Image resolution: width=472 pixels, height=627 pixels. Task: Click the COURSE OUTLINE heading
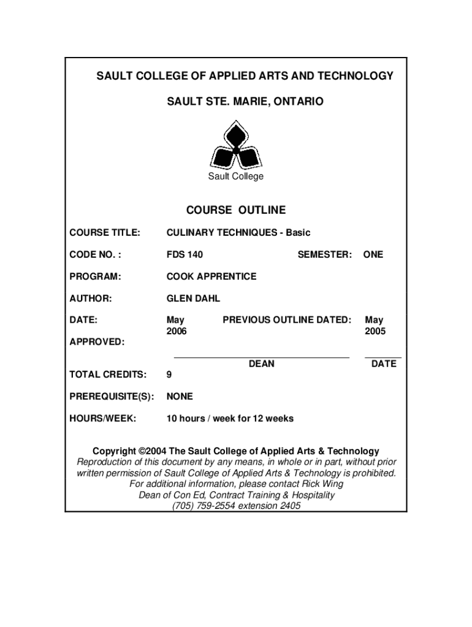click(235, 211)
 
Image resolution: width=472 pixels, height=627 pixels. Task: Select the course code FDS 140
click(185, 255)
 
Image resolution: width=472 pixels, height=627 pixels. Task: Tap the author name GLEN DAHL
click(193, 299)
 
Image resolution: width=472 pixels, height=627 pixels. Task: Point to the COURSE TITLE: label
click(105, 233)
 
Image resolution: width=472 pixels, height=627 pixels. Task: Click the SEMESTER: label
click(325, 255)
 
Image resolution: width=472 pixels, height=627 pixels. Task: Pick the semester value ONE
click(373, 255)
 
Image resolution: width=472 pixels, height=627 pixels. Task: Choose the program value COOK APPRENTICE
click(211, 277)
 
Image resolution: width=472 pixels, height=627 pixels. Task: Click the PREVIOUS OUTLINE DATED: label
click(287, 320)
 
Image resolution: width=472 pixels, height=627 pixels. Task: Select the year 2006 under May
click(177, 331)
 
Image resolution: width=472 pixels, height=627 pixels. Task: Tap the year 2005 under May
click(375, 331)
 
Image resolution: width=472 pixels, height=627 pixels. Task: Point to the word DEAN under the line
click(262, 364)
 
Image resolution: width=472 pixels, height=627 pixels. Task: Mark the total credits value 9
click(170, 375)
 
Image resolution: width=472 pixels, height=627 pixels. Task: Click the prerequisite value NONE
click(180, 397)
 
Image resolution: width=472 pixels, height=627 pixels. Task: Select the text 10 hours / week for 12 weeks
click(230, 419)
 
